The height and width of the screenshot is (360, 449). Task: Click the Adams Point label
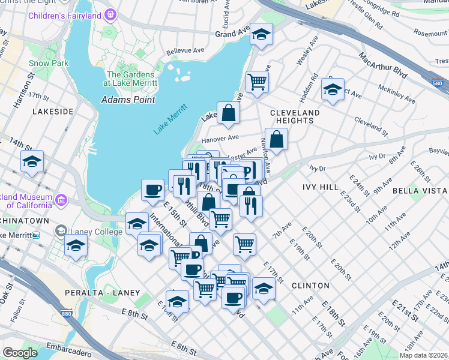click(x=128, y=100)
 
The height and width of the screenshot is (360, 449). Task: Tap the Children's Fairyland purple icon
click(x=110, y=14)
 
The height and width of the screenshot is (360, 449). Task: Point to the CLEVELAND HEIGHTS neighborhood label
click(x=295, y=116)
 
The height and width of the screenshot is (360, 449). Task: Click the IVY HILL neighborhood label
click(x=320, y=187)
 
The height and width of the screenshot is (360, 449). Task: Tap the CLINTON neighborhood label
click(x=310, y=286)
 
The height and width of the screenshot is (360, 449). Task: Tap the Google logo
click(x=20, y=353)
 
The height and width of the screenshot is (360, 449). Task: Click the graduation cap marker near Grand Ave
click(x=261, y=35)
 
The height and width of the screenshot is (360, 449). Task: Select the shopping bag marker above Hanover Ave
click(x=229, y=113)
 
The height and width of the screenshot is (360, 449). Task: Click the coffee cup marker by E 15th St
click(x=152, y=190)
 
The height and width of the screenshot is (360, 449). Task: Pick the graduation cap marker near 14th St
click(x=32, y=161)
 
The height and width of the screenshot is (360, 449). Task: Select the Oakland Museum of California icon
click(x=61, y=199)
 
